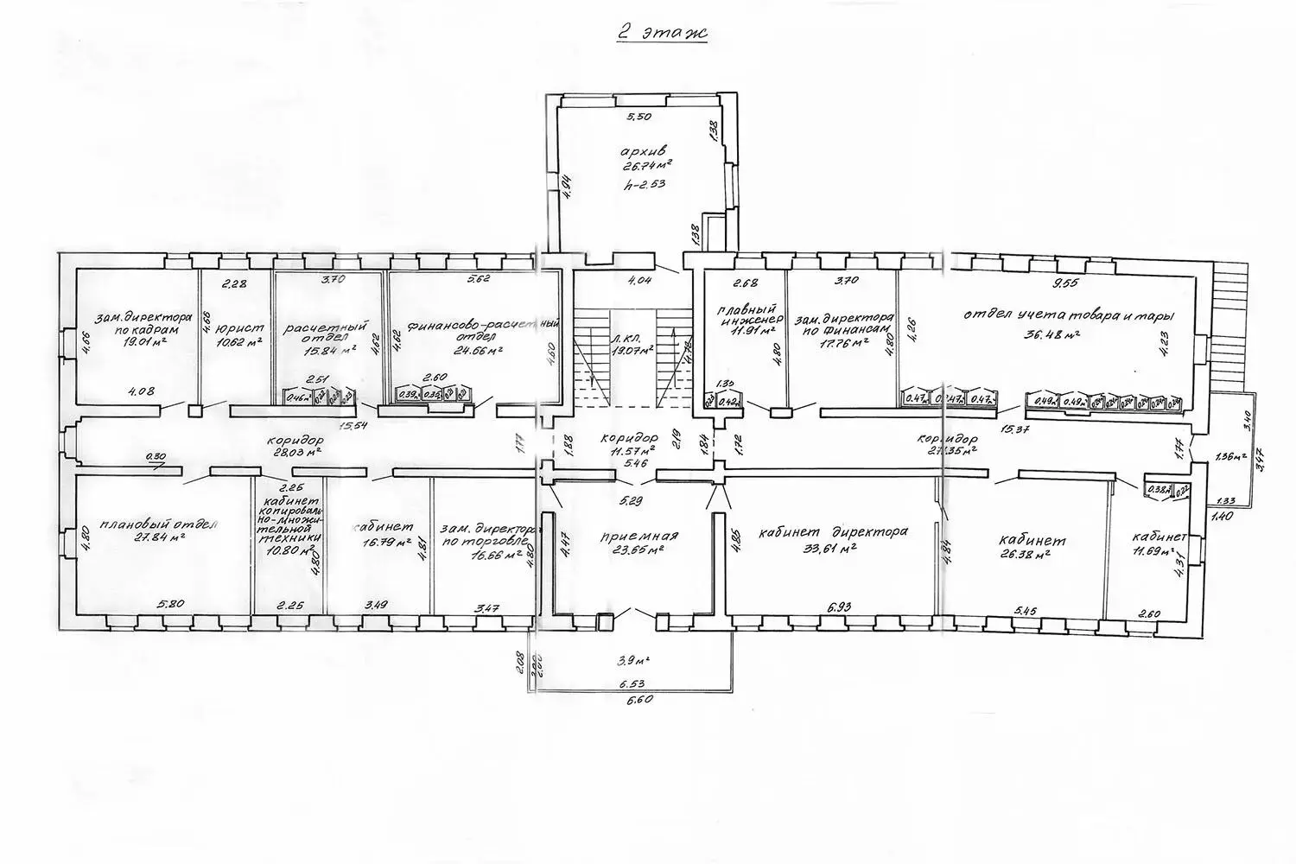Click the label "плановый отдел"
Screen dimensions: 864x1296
pos(159,524)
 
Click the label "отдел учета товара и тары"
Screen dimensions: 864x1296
pos(1051,314)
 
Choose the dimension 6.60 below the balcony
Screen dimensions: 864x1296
pos(636,701)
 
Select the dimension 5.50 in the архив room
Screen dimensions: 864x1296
pos(639,116)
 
